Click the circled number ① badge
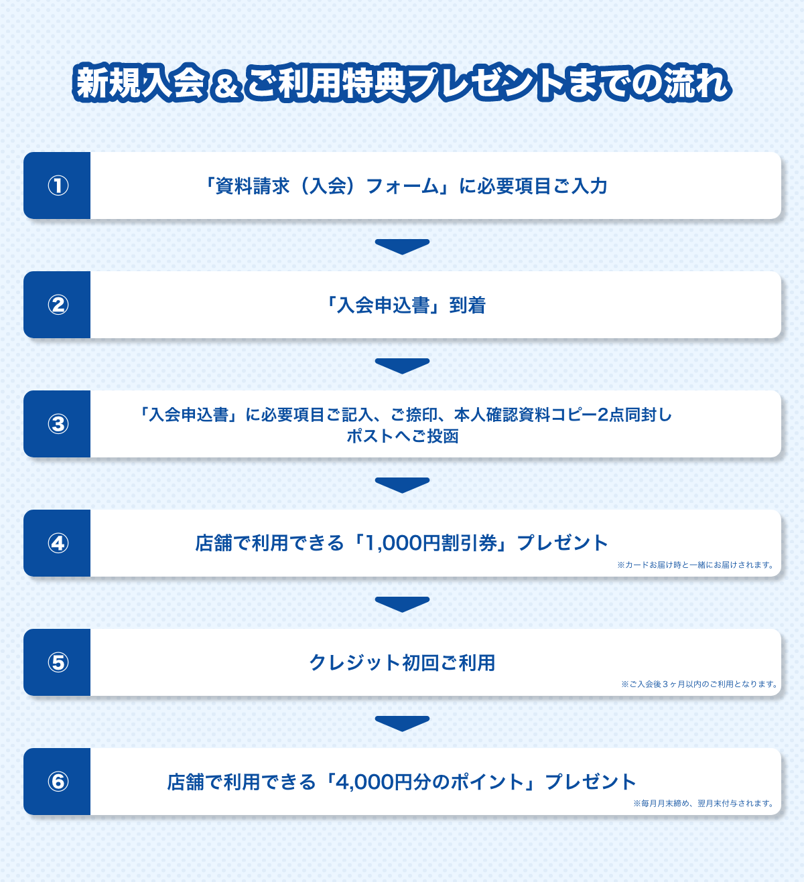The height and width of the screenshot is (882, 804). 58,186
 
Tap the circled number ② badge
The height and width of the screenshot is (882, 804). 58,305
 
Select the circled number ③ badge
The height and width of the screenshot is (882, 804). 58,424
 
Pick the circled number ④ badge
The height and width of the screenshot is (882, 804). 58,543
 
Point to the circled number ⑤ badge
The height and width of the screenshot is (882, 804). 58,662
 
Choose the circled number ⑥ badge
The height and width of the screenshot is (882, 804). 58,782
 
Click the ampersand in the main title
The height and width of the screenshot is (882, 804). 226,86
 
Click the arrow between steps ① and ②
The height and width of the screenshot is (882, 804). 402,246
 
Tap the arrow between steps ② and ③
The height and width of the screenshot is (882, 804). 402,366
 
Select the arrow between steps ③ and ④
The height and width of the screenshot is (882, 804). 402,485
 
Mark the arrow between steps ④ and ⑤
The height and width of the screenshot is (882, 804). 402,604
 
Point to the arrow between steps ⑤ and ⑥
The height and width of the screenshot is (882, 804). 402,723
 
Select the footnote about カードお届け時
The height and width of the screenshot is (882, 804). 695,565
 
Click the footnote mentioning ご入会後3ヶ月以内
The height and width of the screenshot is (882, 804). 699,684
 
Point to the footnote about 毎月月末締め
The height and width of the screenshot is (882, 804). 703,803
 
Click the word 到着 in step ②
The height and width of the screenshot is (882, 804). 468,305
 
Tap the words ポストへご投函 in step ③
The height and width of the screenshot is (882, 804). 403,436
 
